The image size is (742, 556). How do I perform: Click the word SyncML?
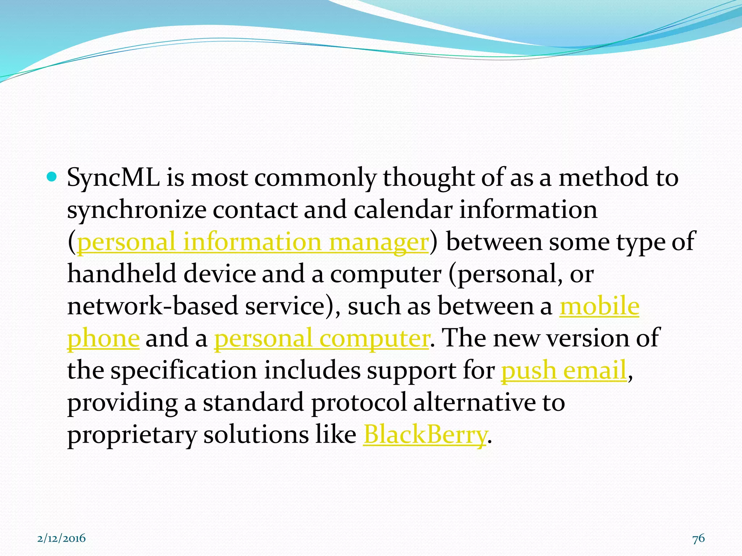pyautogui.click(x=113, y=178)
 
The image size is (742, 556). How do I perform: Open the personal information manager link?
pyautogui.click(x=253, y=242)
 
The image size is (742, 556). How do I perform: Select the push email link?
pyautogui.click(x=564, y=370)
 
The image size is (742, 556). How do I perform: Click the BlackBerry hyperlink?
pyautogui.click(x=425, y=434)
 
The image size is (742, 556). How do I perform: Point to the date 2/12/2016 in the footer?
pyautogui.click(x=62, y=538)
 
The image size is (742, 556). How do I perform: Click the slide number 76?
pyautogui.click(x=699, y=538)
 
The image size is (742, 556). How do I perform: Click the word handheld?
pyautogui.click(x=121, y=274)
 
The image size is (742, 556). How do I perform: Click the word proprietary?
pyautogui.click(x=132, y=435)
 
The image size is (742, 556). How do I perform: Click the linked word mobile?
pyautogui.click(x=599, y=306)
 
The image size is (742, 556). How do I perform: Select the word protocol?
pyautogui.click(x=359, y=403)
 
